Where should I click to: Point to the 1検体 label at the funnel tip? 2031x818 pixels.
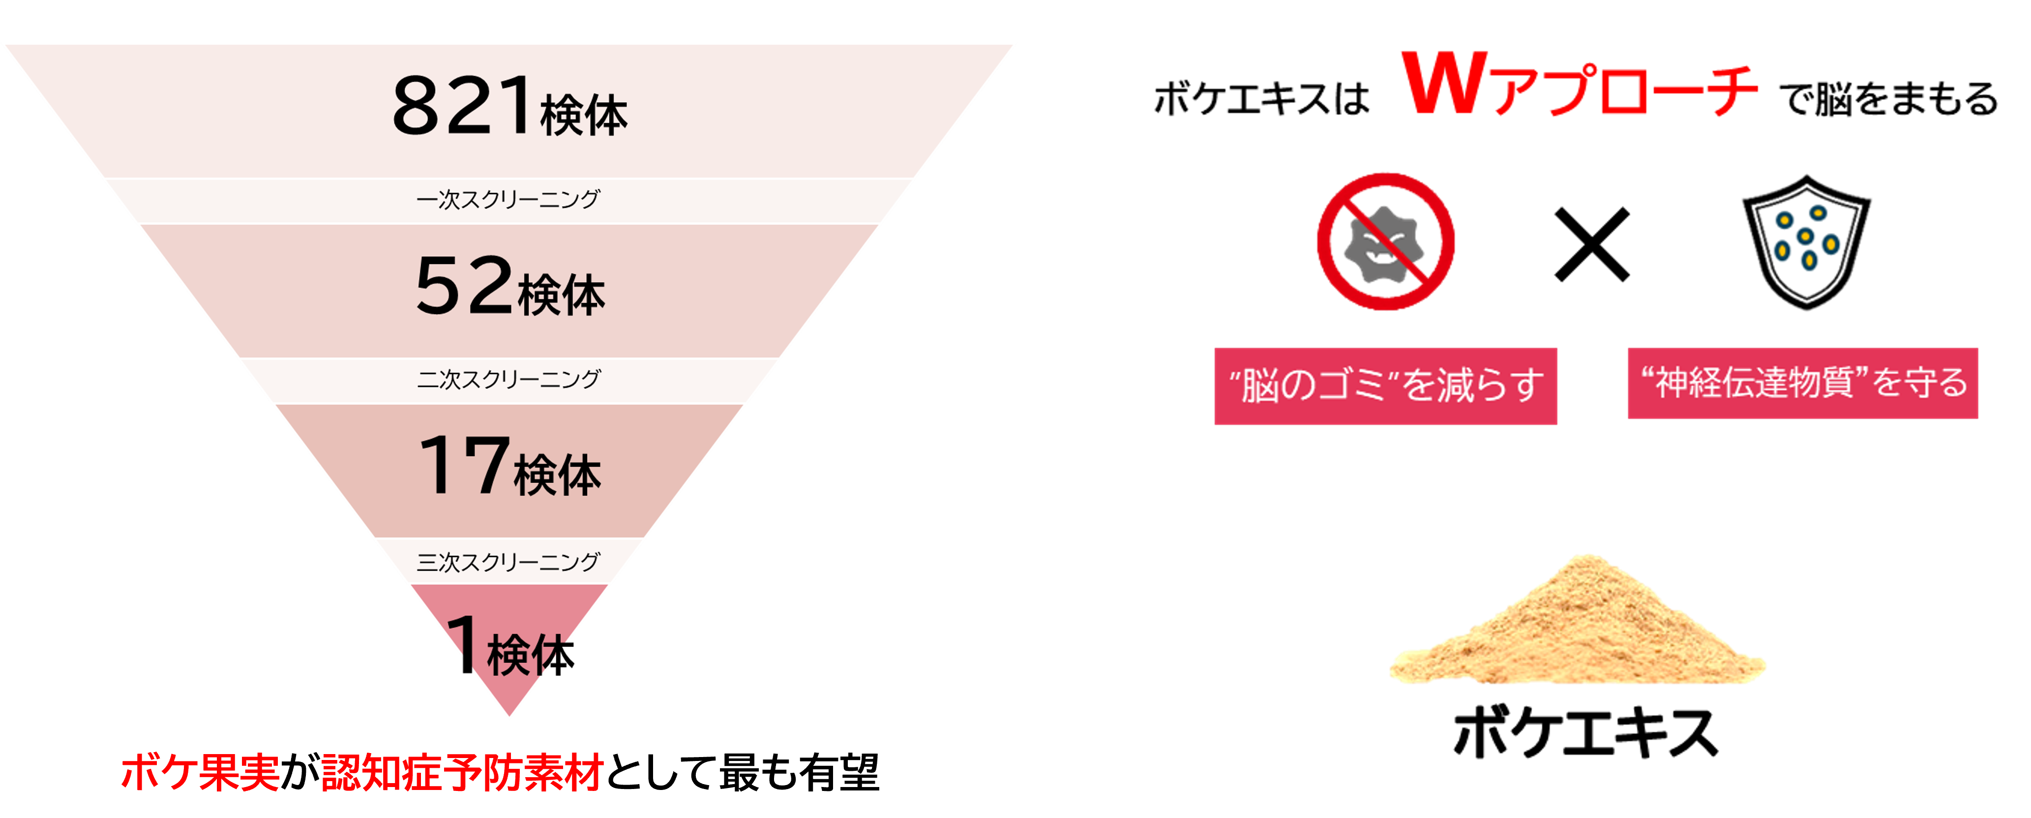pos(510,646)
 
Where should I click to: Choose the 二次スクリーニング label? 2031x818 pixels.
pos(508,379)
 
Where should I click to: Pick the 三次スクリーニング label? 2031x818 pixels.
pos(508,562)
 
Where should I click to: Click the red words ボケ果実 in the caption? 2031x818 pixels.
pos(200,771)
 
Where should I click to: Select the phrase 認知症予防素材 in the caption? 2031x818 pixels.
pos(463,771)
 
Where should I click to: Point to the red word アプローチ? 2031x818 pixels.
pos(1624,89)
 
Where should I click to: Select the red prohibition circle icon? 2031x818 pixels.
pos(1385,241)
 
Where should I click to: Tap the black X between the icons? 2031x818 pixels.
pos(1592,244)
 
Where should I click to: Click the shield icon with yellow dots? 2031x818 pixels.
pos(1805,241)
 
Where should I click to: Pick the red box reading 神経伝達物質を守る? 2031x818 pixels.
pos(1803,383)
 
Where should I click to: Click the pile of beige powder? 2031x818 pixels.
pos(1577,622)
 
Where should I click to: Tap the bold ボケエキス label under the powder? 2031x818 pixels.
pos(1585,732)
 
